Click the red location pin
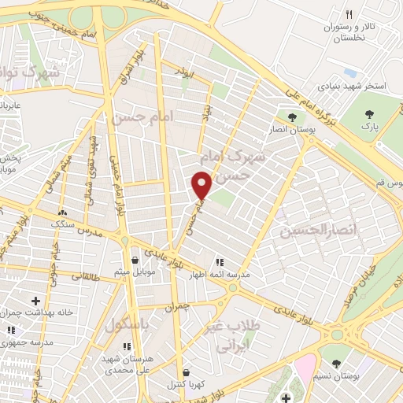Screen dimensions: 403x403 (x=202, y=185)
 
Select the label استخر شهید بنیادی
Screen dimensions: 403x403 (x=352, y=85)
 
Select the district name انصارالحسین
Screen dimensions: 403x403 (x=313, y=231)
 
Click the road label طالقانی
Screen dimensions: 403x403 (x=83, y=276)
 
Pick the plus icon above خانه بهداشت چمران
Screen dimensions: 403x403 (x=35, y=300)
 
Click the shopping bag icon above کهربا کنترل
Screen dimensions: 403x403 (x=185, y=372)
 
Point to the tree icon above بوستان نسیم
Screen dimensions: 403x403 (x=337, y=364)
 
